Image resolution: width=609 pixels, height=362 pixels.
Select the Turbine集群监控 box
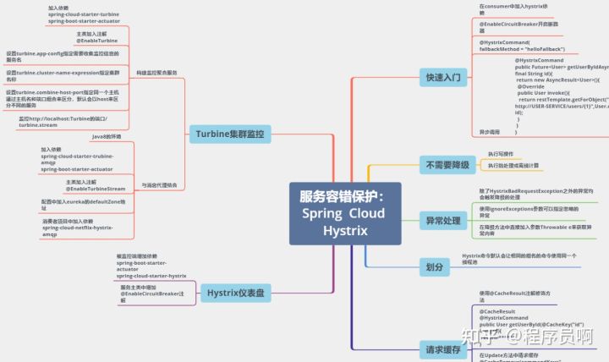click(x=229, y=134)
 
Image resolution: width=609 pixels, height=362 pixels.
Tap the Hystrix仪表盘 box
click(x=235, y=293)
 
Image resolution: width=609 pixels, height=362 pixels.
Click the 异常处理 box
click(x=444, y=222)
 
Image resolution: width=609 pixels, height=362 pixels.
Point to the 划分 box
click(x=435, y=266)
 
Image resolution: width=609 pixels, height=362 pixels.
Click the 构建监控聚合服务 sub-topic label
click(x=157, y=73)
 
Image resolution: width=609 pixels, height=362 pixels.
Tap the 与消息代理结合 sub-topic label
click(x=158, y=184)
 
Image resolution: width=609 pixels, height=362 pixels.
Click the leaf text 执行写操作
click(x=501, y=154)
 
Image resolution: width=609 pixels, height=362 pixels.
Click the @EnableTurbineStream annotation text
click(x=96, y=189)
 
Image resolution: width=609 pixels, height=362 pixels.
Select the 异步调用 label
click(x=490, y=132)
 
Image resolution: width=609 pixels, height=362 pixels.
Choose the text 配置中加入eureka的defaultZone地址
click(x=84, y=204)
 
